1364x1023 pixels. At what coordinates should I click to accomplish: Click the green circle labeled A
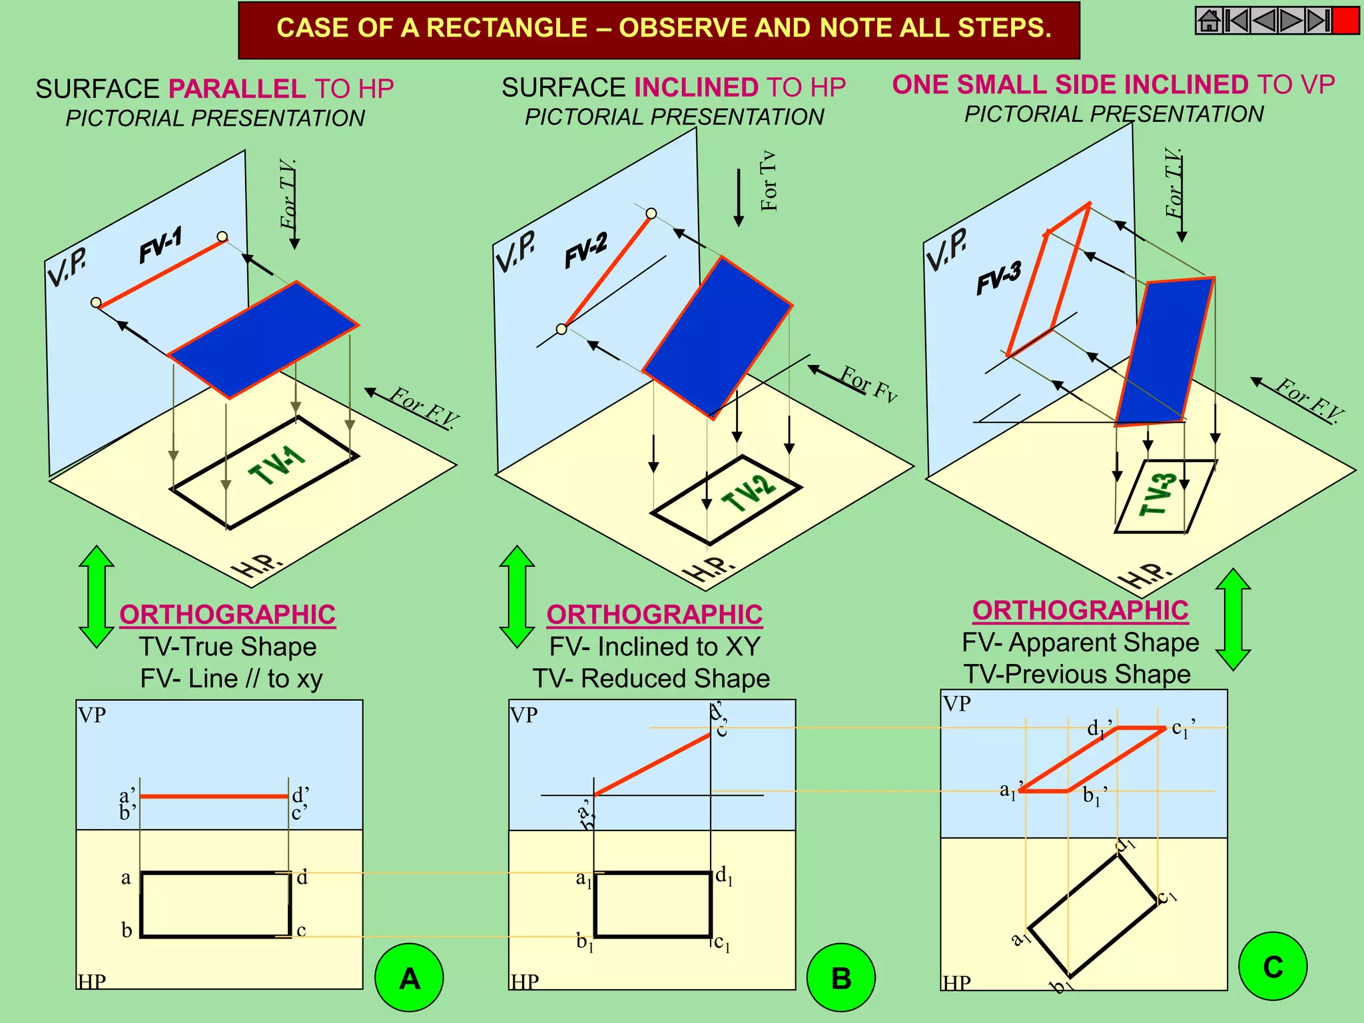coord(409,977)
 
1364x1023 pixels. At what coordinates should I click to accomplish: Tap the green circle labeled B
coord(841,977)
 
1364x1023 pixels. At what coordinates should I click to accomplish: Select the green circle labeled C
coord(1272,966)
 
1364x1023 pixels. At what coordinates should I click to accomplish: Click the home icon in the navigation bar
coord(1209,21)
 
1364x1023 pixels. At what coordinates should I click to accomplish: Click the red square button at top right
coord(1345,21)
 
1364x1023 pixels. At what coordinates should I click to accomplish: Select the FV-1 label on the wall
coord(161,246)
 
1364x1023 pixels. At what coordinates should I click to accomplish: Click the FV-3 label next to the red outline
coord(998,278)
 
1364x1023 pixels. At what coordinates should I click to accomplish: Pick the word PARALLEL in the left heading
coord(237,89)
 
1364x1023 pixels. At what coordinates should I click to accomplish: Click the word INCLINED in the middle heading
coord(696,87)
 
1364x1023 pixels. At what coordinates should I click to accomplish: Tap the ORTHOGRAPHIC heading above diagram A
coord(228,614)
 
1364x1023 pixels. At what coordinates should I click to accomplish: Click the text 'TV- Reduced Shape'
coord(651,678)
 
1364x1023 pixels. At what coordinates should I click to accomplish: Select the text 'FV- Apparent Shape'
coord(1080,642)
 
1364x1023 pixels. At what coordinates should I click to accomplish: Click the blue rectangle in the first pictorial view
coord(263,340)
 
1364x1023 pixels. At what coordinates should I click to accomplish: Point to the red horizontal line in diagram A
coord(214,796)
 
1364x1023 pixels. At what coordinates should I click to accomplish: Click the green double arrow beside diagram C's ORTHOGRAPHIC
coord(1233,619)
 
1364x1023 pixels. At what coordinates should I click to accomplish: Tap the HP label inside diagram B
coord(525,981)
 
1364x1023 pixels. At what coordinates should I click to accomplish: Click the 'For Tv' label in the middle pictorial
coord(769,180)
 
